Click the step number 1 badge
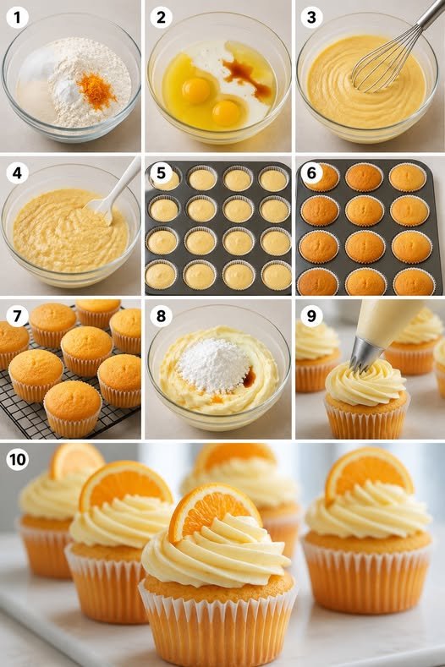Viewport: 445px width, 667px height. [18, 18]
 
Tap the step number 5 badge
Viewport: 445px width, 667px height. [161, 173]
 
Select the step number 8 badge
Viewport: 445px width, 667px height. [161, 316]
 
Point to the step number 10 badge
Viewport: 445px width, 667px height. [18, 459]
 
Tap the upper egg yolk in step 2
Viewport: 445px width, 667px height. [195, 90]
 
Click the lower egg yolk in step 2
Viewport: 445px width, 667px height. [226, 112]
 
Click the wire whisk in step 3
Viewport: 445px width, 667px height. [394, 50]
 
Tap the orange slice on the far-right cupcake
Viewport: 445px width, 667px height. [369, 472]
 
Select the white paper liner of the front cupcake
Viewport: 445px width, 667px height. [218, 625]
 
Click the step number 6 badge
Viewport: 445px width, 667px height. [311, 173]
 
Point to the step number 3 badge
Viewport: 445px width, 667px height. [311, 18]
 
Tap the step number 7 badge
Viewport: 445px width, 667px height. [18, 316]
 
